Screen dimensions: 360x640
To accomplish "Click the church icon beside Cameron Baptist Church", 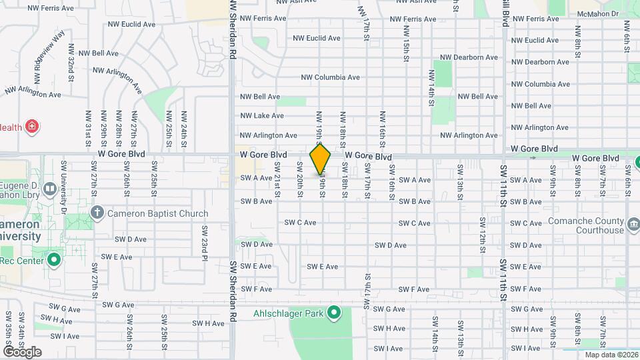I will pyautogui.click(x=97, y=214).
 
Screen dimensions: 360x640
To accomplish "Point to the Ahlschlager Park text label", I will pyautogui.click(x=288, y=313).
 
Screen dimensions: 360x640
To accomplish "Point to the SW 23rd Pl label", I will pyautogui.click(x=205, y=243).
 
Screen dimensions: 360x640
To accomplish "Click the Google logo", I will pyautogui.click(x=22, y=351).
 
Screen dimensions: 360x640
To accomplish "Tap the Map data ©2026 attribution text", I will pyautogui.click(x=609, y=354).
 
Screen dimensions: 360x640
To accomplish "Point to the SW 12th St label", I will pyautogui.click(x=482, y=230).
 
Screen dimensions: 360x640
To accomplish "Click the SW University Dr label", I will pyautogui.click(x=64, y=197).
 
